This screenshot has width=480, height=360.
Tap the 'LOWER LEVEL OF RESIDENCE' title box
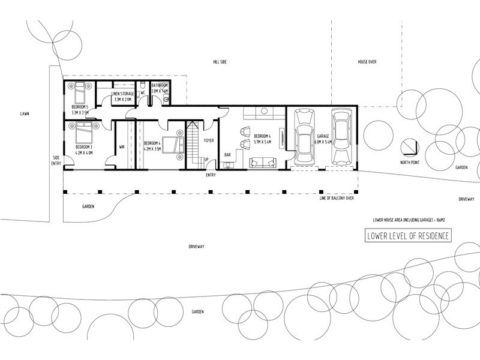[407, 236]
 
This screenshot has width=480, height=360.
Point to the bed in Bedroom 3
[81, 130]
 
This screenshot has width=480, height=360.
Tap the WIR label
[122, 146]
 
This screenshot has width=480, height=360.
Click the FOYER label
[209, 141]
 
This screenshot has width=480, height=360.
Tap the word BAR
[228, 155]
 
